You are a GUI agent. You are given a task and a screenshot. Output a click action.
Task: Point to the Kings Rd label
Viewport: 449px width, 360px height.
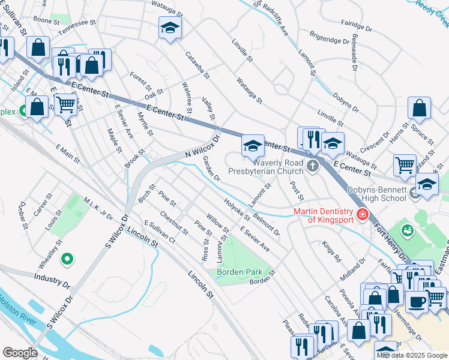coord(331,252)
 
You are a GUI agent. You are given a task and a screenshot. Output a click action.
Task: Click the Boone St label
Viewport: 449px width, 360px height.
coord(44,19)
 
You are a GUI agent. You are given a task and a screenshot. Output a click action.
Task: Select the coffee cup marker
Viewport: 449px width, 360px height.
coord(417,301)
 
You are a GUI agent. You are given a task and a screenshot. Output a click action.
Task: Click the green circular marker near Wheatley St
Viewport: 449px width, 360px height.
coord(67,259)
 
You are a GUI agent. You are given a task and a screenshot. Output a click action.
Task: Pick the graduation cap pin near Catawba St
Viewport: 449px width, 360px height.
coord(170,28)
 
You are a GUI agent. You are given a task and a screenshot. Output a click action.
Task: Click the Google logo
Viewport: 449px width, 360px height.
coord(19,353)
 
